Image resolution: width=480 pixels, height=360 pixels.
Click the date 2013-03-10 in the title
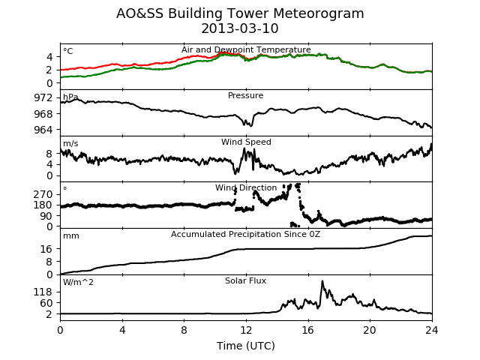[240, 28]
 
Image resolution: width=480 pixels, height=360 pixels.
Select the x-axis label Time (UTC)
[246, 346]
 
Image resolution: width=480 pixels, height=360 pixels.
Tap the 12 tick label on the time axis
[246, 330]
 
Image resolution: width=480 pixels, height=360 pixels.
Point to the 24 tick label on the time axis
[432, 330]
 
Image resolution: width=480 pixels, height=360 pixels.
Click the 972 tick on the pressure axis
[43, 98]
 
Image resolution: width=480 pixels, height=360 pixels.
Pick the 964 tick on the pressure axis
[43, 130]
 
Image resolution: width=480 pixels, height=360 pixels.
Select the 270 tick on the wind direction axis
[43, 194]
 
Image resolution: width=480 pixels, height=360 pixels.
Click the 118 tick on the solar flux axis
[43, 292]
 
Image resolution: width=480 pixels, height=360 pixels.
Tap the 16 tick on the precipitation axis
[46, 249]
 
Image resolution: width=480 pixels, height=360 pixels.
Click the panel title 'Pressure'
[245, 95]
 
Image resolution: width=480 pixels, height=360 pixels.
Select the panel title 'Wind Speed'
[246, 142]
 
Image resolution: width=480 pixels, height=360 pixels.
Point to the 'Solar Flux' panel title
[245, 280]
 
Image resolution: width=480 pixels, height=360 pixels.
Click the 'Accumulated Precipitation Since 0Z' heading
[245, 234]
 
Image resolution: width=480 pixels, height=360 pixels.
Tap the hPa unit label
[70, 97]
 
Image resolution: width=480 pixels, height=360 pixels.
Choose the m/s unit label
[70, 143]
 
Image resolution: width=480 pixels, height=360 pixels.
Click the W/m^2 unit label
[78, 282]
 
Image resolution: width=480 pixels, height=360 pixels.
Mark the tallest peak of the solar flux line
[322, 281]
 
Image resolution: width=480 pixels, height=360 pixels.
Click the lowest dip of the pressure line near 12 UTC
[251, 126]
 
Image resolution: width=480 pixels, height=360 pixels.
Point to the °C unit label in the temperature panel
[68, 51]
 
